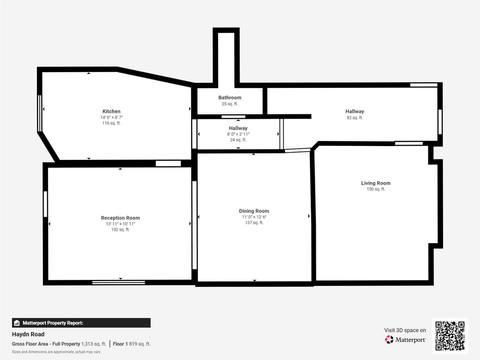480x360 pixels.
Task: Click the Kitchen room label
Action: tap(111, 111)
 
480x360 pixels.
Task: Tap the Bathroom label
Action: tap(230, 98)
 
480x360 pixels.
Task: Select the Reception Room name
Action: tap(120, 218)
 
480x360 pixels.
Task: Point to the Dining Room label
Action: tap(254, 211)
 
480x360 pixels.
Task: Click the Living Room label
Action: tap(376, 183)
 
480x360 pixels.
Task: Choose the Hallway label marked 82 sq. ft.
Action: tap(355, 111)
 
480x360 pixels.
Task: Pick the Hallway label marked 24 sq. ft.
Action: tap(238, 128)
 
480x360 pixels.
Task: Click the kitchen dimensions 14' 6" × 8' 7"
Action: tap(111, 117)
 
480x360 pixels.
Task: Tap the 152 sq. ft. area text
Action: tap(120, 230)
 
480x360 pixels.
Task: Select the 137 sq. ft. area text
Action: tap(254, 223)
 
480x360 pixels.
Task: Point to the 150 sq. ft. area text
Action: tap(376, 189)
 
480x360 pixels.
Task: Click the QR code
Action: tap(450, 336)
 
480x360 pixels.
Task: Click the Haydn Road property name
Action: tap(28, 334)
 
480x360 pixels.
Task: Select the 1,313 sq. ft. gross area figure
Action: tap(94, 344)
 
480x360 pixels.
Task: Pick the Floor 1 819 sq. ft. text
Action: tap(132, 344)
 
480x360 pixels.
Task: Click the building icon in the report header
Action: tap(17, 323)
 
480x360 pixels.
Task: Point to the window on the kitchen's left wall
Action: tap(40, 113)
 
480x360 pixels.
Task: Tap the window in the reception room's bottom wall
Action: tap(119, 283)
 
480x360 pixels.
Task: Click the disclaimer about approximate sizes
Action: tap(56, 352)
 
